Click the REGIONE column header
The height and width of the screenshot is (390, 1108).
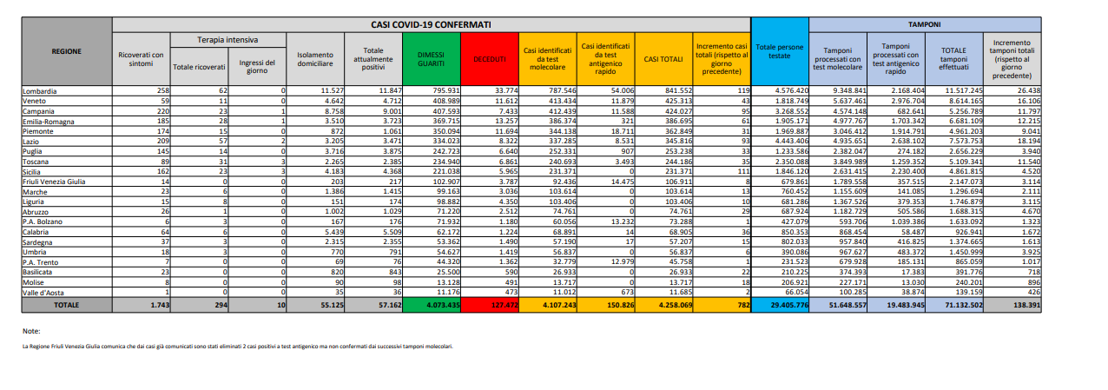coord(66,50)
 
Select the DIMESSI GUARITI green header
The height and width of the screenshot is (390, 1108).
coord(429,58)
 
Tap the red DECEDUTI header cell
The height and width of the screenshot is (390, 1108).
coord(490,58)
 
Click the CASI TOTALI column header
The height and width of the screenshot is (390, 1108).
coord(663,58)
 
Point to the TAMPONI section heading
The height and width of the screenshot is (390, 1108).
coord(924,25)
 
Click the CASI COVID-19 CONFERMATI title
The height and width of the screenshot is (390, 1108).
coord(432,25)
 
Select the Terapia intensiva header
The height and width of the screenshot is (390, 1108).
coord(228,40)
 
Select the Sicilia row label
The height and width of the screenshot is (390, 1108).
coord(33,171)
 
